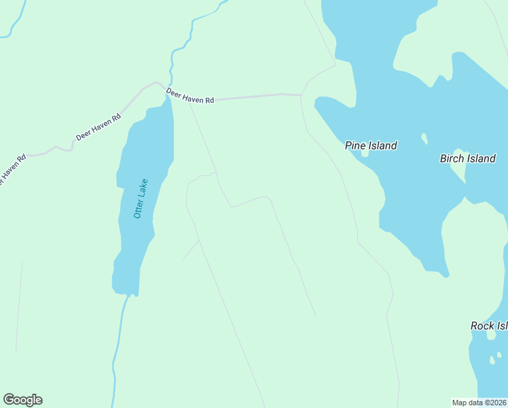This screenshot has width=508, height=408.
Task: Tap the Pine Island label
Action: (x=371, y=146)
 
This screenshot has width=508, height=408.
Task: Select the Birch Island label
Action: (x=468, y=158)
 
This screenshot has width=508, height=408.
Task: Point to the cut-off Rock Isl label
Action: (x=489, y=326)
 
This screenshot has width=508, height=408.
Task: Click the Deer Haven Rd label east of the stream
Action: (x=190, y=97)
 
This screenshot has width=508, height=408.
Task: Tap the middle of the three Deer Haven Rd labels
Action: (x=98, y=126)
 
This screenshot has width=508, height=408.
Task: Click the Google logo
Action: (x=22, y=400)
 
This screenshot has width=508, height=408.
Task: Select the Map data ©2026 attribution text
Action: (x=479, y=403)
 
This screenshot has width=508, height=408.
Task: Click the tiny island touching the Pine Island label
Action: (x=365, y=154)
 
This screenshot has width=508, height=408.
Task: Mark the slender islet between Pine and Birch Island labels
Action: (x=424, y=139)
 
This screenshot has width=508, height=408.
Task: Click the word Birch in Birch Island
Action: (x=452, y=158)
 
